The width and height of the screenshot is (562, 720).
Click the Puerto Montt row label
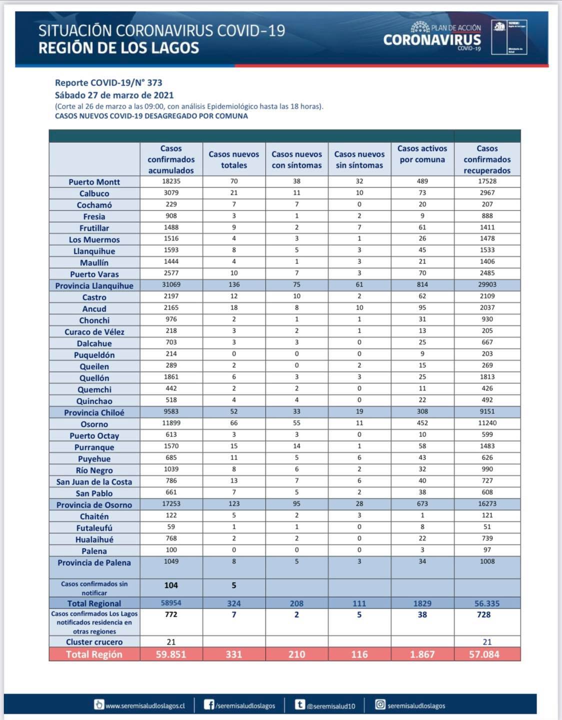(x=94, y=182)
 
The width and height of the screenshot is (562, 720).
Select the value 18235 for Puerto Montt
(x=171, y=181)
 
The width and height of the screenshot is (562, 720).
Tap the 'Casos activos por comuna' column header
(x=422, y=154)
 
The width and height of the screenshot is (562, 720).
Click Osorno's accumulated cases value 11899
(x=171, y=423)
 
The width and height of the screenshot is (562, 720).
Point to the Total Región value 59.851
(x=171, y=654)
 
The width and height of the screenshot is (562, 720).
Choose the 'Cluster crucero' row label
(x=94, y=642)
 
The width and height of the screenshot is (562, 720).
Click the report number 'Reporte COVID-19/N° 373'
(x=108, y=83)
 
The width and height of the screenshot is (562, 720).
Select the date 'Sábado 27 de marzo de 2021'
(x=114, y=95)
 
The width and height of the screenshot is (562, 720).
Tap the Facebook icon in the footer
(x=209, y=705)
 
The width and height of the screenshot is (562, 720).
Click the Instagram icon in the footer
(x=380, y=704)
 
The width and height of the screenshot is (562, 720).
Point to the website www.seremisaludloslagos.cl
(x=145, y=706)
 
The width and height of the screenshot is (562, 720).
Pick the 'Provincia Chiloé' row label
(x=94, y=412)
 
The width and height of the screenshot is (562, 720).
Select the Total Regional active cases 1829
(x=422, y=603)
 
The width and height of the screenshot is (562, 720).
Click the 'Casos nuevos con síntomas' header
(x=296, y=159)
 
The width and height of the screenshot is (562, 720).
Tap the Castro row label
(x=94, y=297)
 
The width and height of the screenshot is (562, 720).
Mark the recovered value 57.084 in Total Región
(x=484, y=654)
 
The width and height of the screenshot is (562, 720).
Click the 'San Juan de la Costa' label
(x=94, y=482)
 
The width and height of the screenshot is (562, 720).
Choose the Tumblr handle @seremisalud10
(x=330, y=706)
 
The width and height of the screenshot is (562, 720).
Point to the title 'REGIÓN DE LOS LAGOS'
(x=119, y=48)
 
